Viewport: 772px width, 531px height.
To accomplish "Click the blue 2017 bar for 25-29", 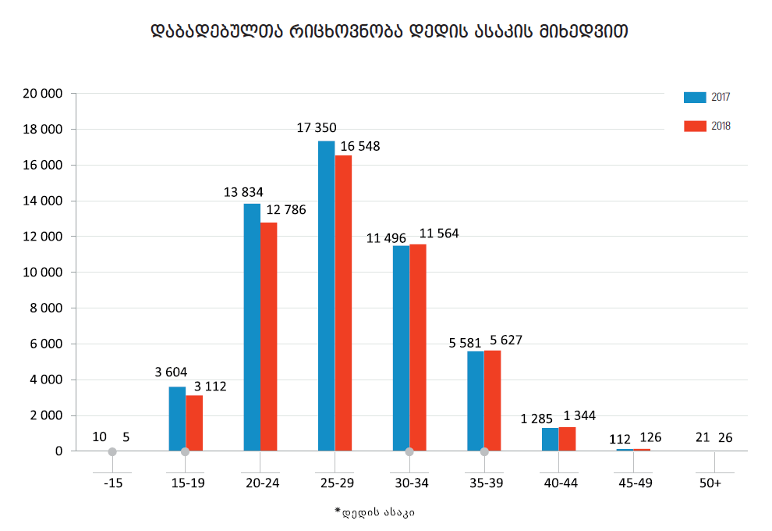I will point(326,296).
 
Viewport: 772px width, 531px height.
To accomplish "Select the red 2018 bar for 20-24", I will point(268,337).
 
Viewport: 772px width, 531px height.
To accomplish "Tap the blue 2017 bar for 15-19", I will point(177,419).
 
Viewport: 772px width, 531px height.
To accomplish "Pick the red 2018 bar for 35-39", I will point(493,401).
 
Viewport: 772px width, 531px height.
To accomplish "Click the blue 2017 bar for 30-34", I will point(401,348).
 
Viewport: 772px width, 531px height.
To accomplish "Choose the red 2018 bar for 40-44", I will point(567,439).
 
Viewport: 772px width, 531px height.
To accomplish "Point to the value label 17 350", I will point(317,127).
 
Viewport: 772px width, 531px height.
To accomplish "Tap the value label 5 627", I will point(505,340).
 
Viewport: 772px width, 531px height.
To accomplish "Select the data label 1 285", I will point(537,419).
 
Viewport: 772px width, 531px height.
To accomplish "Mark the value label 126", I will point(650,437).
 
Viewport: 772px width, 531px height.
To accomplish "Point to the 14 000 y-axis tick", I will point(45,201).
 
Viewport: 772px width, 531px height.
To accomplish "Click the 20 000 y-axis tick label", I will point(45,94).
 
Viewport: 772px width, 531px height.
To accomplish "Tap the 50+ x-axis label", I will point(710,483).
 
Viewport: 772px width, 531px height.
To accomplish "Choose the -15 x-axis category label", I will point(113,483).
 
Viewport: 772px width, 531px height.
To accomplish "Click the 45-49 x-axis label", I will point(636,483).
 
